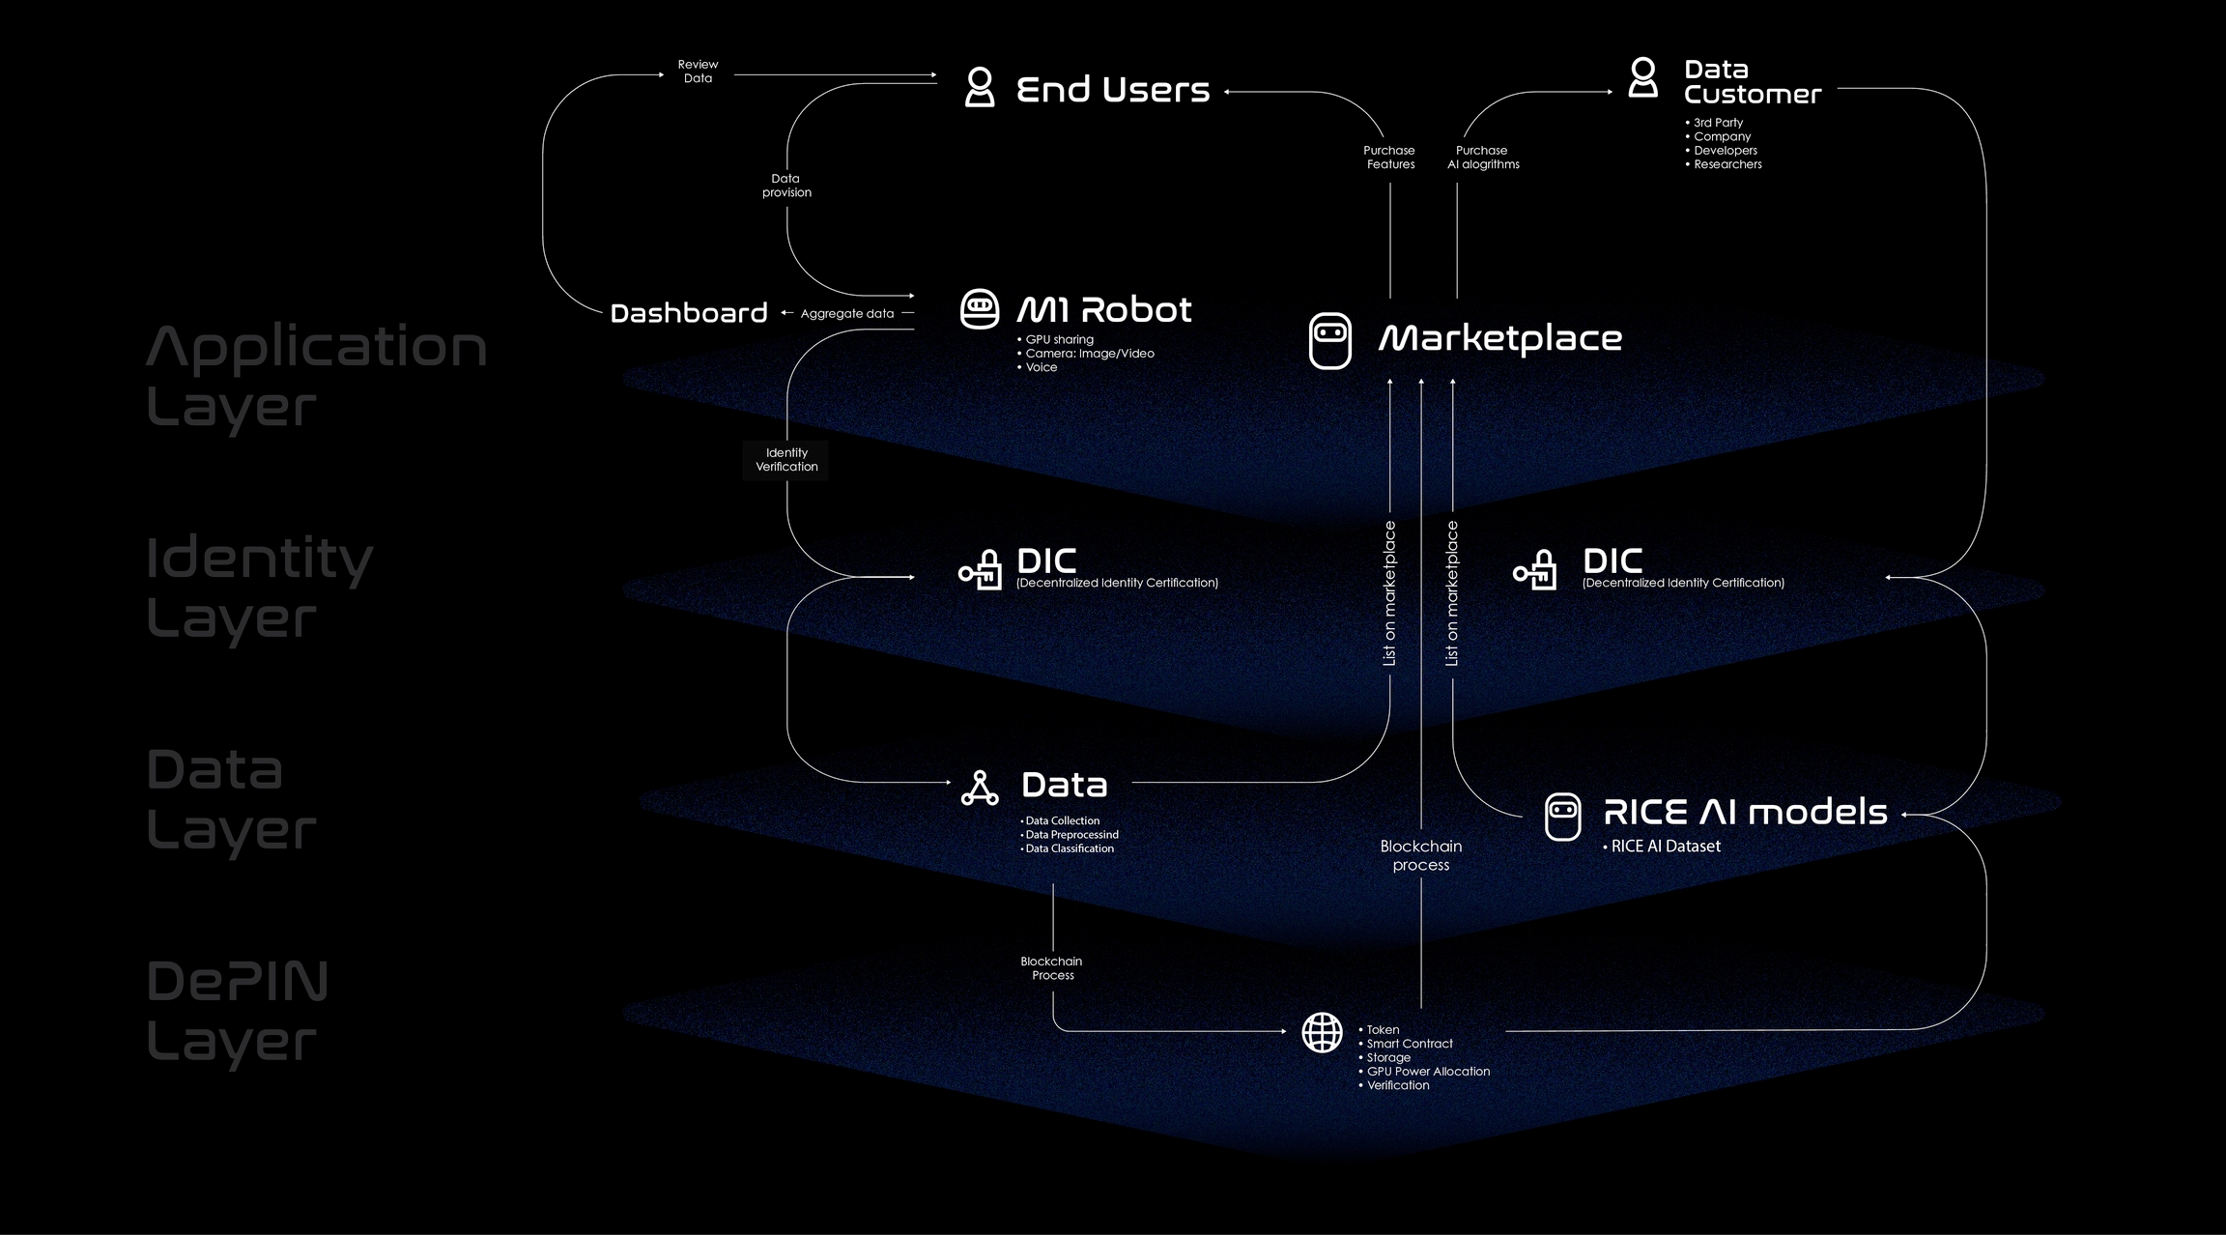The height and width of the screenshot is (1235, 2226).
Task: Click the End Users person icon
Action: coord(979,87)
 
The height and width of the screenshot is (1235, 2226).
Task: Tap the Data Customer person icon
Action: coord(1642,77)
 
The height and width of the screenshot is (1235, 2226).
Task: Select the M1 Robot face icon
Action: coord(979,309)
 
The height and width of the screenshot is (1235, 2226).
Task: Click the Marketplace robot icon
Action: coord(1329,340)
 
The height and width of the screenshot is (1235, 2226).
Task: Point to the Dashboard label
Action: coord(688,313)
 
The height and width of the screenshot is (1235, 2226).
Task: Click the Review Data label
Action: coord(698,72)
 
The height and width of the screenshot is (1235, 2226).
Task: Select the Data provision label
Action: coord(786,186)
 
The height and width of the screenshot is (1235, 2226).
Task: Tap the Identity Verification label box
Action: coord(786,460)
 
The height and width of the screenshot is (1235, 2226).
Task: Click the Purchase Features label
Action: coord(1389,158)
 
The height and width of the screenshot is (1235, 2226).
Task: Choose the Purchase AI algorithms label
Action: coord(1482,158)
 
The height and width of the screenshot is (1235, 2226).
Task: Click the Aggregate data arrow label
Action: coord(846,314)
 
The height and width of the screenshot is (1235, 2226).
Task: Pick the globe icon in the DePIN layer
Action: coord(1321,1032)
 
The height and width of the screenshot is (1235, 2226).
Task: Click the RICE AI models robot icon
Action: coord(1562,817)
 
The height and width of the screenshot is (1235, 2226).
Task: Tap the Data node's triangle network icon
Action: coord(979,789)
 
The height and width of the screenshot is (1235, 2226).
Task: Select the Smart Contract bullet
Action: coord(1409,1044)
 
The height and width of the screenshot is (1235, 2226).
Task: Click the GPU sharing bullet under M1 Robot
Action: coord(1059,340)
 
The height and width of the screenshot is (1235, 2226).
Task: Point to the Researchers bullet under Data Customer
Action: coord(1727,165)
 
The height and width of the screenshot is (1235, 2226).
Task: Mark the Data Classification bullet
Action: coord(1069,849)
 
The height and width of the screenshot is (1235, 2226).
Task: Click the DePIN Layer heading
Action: coord(238,1011)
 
